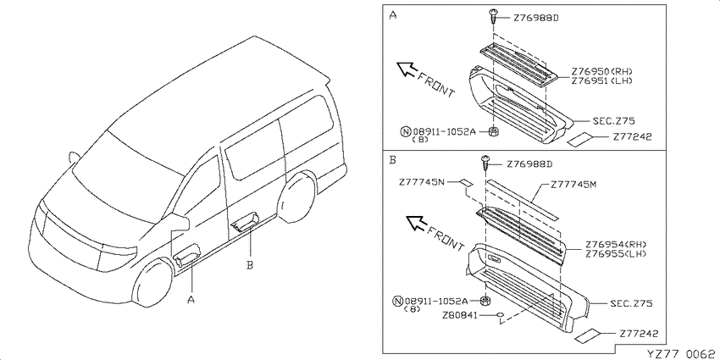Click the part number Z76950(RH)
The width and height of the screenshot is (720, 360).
[x=602, y=72]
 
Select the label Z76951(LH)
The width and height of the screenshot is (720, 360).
[x=602, y=80]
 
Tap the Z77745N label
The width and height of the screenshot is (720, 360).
[x=422, y=183]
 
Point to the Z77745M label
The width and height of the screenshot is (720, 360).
[x=573, y=185]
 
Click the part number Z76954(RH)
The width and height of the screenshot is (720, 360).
[x=616, y=245]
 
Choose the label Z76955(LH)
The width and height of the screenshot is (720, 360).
[x=616, y=253]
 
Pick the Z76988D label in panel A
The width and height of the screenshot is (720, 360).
[x=535, y=19]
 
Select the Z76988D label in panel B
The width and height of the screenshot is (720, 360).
[x=529, y=164]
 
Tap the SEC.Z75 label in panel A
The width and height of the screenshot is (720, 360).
[x=613, y=121]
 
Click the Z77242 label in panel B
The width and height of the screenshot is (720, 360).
[x=639, y=334]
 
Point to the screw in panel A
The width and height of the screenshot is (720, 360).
[x=493, y=17]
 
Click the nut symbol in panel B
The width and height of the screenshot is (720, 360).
[x=485, y=301]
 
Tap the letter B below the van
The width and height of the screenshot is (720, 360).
[x=250, y=265]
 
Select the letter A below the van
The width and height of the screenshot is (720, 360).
[x=191, y=300]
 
